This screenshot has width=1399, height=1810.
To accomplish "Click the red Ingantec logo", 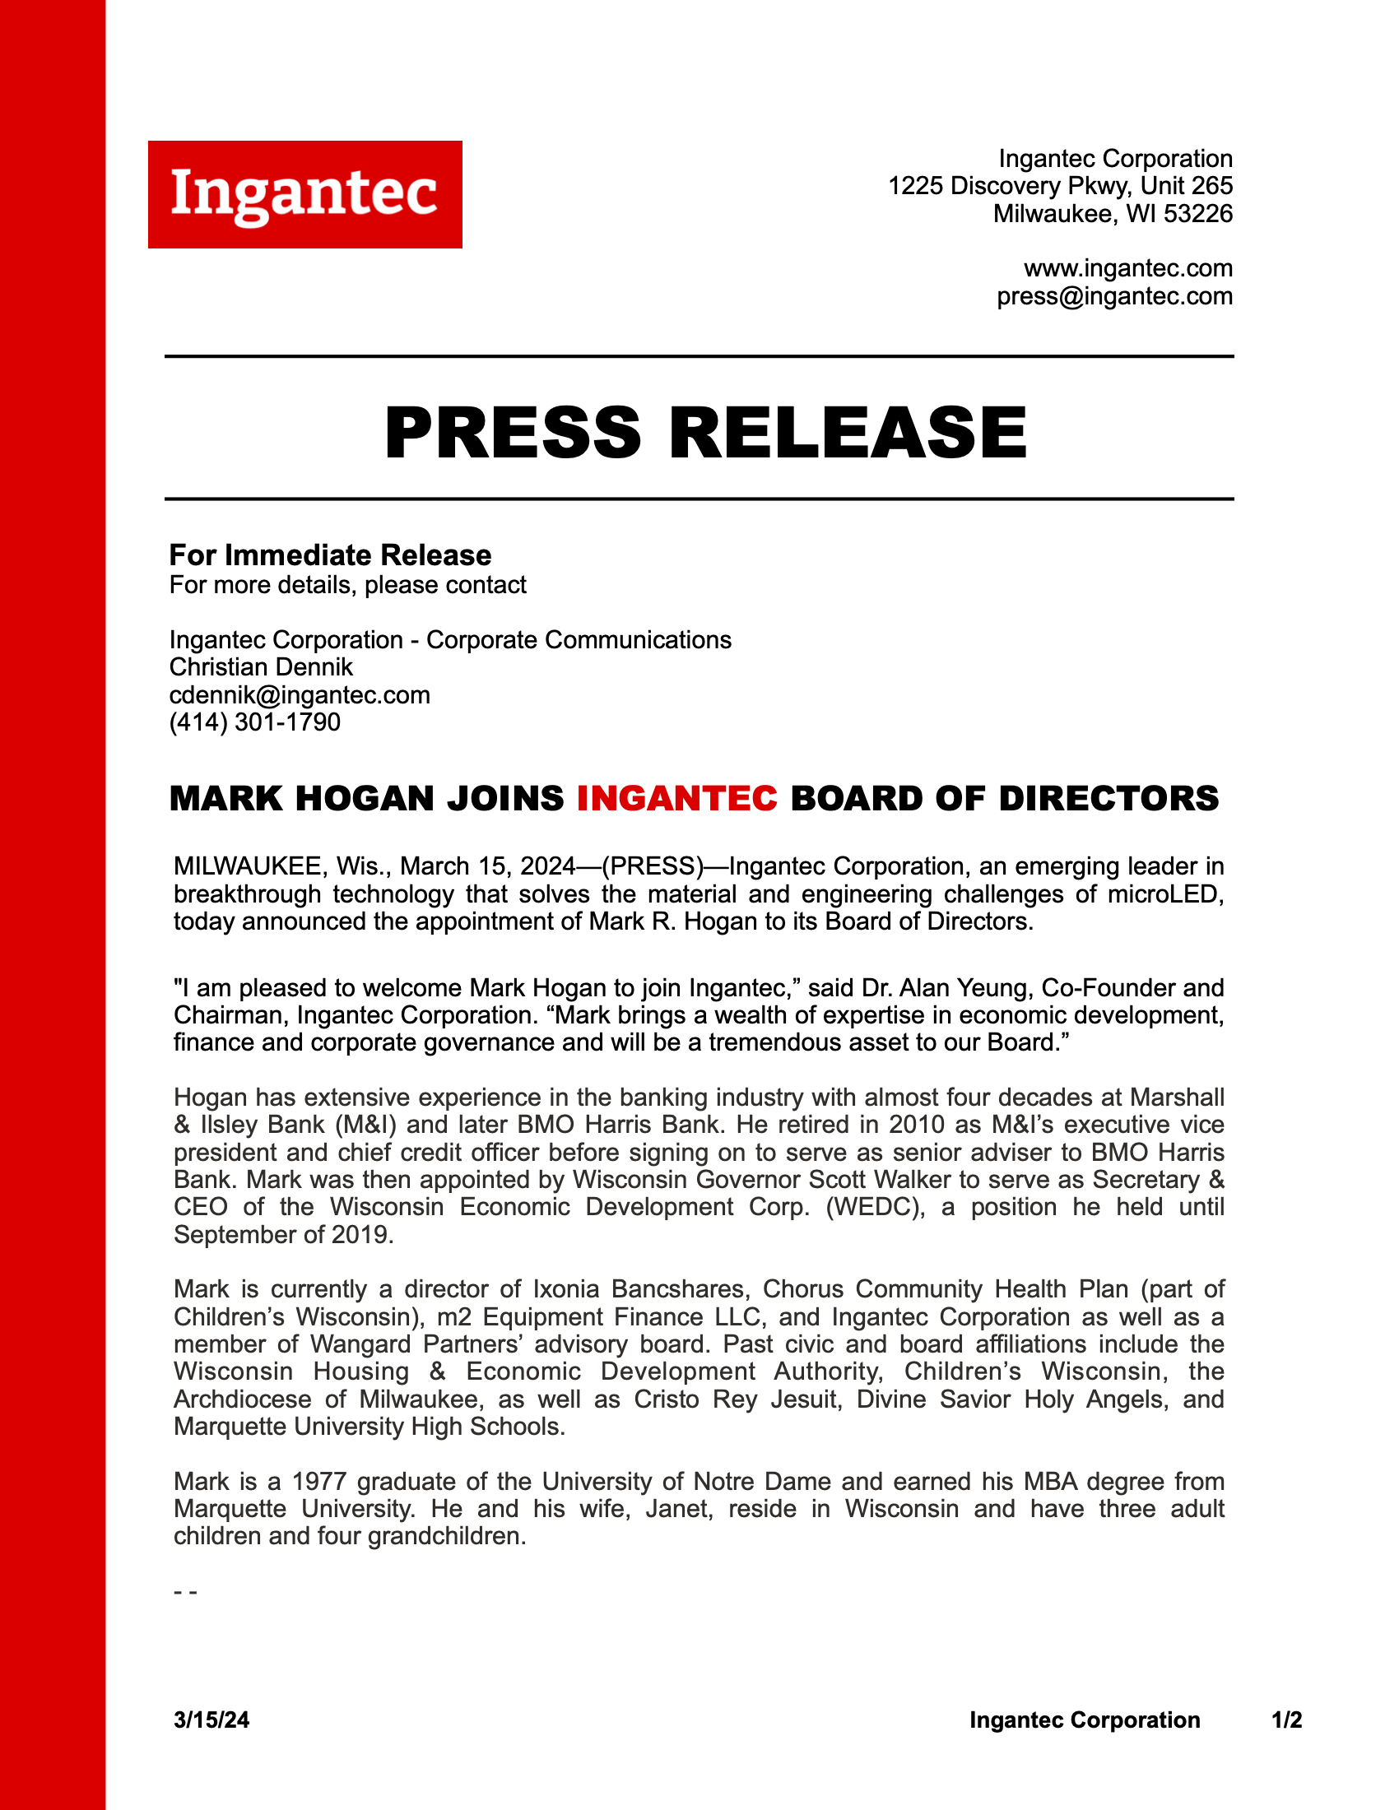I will point(305,195).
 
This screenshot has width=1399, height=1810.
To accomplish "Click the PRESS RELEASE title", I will point(705,433).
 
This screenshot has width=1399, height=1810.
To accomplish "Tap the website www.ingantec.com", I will point(1128,268).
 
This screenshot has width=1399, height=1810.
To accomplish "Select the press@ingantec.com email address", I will point(1114,297).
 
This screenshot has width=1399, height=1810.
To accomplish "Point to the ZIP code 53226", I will point(1197,214).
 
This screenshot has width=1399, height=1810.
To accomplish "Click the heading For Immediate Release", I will point(330,555).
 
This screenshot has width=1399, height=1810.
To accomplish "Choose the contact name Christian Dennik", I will point(261,667).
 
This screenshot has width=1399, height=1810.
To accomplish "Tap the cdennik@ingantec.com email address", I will point(300,694).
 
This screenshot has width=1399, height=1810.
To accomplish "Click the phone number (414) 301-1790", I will point(254,722).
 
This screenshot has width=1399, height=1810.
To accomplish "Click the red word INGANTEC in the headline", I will point(677,798).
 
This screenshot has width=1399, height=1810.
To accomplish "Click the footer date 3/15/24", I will point(211,1719).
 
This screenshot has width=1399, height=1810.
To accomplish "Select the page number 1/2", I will point(1286,1719).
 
